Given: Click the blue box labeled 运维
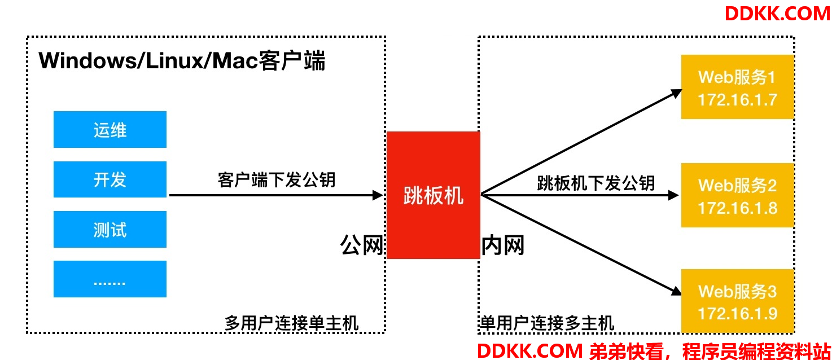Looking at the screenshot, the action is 110,130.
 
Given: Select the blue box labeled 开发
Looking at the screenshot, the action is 110,179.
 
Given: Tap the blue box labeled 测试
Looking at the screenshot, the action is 110,229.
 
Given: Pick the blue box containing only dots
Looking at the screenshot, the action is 110,279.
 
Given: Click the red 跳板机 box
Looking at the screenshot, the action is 433,195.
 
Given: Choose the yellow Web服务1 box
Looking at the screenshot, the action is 738,87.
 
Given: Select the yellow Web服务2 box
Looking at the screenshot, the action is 738,195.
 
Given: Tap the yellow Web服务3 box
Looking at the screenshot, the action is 738,301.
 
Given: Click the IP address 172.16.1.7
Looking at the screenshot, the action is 738,100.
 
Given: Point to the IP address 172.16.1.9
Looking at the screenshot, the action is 738,314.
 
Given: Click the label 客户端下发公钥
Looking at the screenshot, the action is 277,180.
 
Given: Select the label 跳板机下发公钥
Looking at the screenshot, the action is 595,183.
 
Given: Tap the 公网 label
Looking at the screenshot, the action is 362,245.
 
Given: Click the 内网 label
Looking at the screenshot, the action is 503,245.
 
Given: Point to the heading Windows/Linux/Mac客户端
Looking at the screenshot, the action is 182,60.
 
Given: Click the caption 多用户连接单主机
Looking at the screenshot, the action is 292,323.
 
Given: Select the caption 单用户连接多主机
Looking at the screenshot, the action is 547,323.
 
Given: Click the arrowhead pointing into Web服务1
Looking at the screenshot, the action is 676,93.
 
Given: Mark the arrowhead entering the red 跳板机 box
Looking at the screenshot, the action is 378,195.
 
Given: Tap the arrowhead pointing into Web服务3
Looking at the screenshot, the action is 676,291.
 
